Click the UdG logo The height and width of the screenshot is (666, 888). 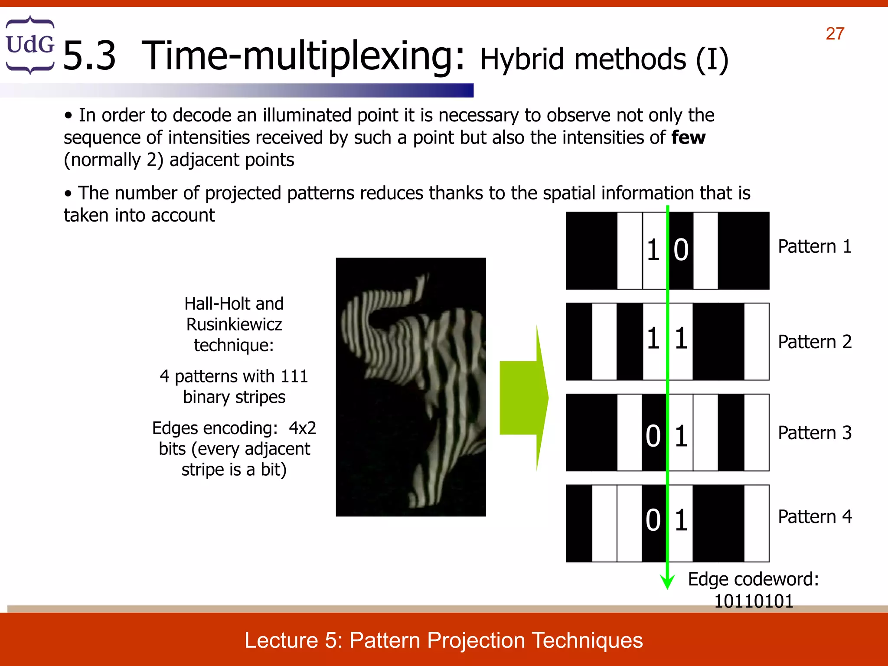[x=30, y=45]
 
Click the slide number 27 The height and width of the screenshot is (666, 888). [x=835, y=34]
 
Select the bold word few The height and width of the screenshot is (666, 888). [x=688, y=137]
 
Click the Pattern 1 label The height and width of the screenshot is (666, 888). [x=814, y=246]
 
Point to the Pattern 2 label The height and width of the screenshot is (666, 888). [x=814, y=342]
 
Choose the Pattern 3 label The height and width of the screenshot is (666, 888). [x=814, y=433]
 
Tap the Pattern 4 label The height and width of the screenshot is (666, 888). [x=814, y=516]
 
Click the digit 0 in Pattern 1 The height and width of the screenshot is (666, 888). [x=681, y=250]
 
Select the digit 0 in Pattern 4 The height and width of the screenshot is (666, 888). [x=653, y=520]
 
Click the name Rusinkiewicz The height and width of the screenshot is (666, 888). [x=234, y=324]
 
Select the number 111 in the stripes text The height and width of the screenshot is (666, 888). [x=294, y=376]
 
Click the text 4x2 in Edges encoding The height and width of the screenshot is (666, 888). [x=302, y=428]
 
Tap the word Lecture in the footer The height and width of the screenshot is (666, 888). [x=281, y=640]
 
